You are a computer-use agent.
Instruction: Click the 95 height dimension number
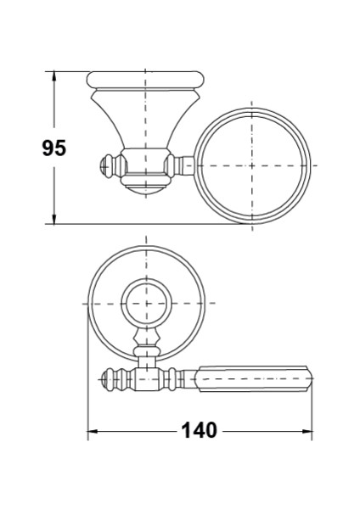coord(54,148)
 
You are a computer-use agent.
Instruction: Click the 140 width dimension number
coord(199,430)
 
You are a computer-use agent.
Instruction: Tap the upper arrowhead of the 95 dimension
coord(54,76)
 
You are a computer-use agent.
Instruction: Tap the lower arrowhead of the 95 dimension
coord(54,220)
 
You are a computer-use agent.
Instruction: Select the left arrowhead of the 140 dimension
coord(93,432)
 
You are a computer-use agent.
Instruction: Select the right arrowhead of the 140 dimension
coord(307,432)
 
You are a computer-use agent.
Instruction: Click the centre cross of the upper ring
coord(252,165)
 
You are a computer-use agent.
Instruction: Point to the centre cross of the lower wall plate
coord(146,304)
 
